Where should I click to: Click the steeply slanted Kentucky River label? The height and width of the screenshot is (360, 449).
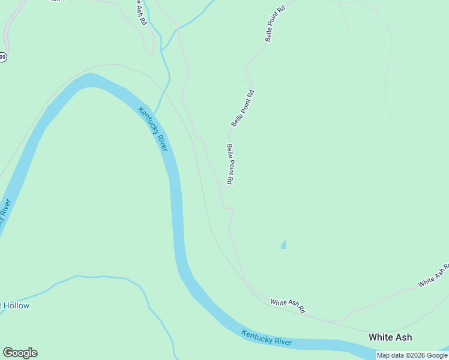pos(153,128)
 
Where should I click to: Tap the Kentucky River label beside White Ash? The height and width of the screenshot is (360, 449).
pos(267,338)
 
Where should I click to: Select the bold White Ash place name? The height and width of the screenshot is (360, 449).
pos(390,337)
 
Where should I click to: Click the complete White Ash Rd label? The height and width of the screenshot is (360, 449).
pos(288,307)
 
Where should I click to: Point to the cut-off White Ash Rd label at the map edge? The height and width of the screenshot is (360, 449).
pos(434,274)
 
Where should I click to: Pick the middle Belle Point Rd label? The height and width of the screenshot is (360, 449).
pos(243,108)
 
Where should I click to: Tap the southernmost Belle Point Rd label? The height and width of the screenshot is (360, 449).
pos(229,164)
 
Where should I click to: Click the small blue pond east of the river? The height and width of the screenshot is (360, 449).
pos(283,244)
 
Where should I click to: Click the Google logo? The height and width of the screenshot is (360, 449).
pos(20,353)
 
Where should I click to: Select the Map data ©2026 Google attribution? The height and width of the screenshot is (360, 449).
pos(412,355)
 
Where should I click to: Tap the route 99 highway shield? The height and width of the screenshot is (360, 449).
pos(2,57)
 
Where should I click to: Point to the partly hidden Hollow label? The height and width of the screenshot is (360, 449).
pos(15,305)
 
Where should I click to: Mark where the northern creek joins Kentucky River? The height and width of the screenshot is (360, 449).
pos(154,112)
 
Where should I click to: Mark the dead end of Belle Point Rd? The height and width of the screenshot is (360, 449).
pos(227,187)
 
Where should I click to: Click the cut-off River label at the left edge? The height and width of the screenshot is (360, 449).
pos(5,213)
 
